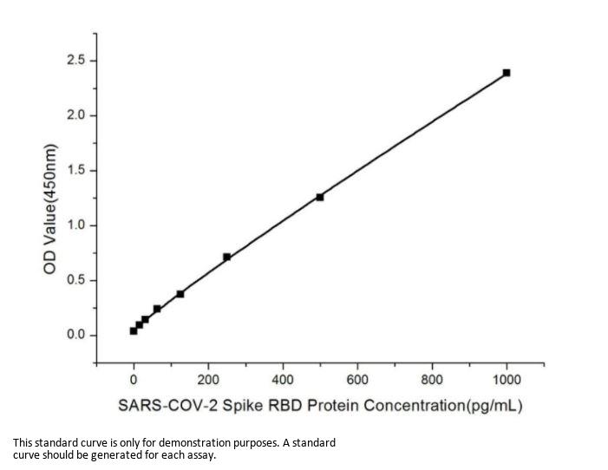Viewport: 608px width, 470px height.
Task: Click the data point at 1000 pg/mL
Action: pos(507,73)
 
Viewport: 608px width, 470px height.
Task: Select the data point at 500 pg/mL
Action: pos(320,197)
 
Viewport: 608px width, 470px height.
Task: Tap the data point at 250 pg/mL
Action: pos(226,257)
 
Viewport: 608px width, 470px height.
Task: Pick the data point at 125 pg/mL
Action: pos(180,294)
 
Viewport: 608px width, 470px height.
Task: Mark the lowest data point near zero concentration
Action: pos(134,330)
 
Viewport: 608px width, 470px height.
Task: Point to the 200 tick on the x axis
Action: pos(208,379)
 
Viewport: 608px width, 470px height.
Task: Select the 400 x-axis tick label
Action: pos(283,379)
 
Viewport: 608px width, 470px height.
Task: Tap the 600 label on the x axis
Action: pos(357,379)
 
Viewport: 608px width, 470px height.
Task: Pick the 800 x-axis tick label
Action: pos(432,379)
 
